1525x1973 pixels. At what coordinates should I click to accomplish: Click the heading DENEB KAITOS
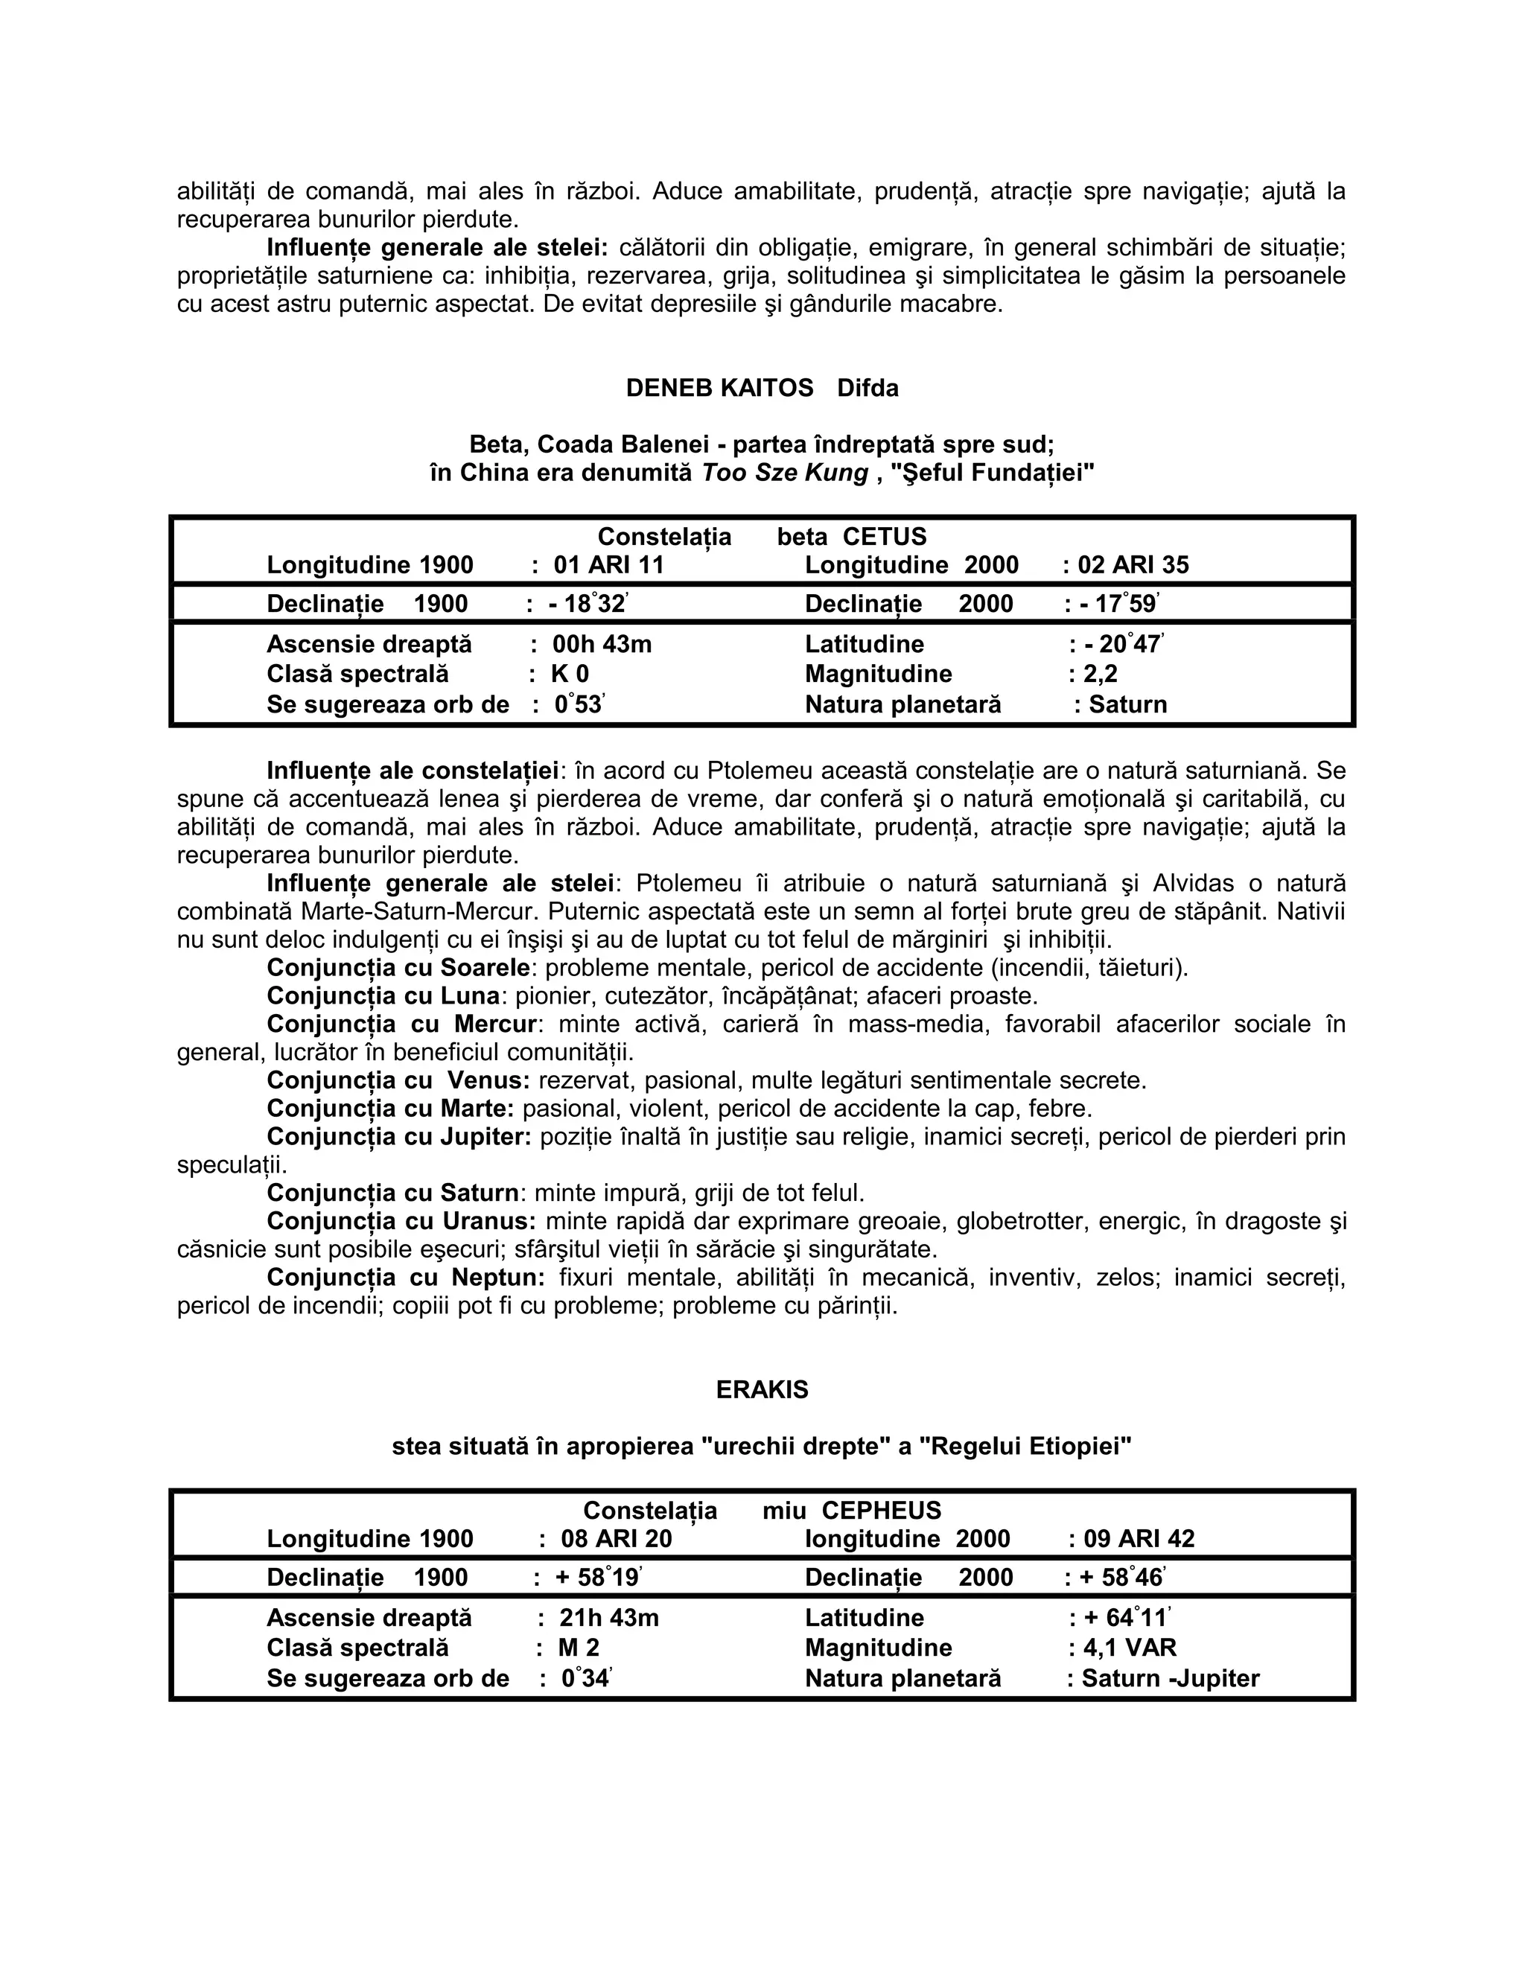[x=719, y=389]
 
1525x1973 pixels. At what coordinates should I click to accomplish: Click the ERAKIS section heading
[x=762, y=1389]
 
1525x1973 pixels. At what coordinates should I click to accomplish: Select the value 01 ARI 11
[x=609, y=566]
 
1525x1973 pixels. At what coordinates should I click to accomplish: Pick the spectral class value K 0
[x=570, y=675]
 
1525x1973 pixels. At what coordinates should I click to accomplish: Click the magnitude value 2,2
[x=1100, y=675]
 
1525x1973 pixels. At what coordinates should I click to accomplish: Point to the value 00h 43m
[x=602, y=645]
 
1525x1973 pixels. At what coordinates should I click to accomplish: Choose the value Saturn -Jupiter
[x=1170, y=1678]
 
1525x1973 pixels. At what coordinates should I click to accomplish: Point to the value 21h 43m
[x=609, y=1618]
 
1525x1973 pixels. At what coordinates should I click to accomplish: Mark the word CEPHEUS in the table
[x=882, y=1511]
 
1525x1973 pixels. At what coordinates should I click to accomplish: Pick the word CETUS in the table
[x=885, y=537]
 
